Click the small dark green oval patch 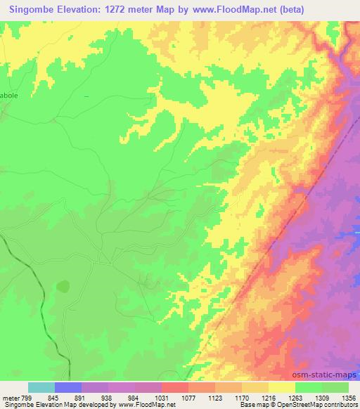tap(63, 286)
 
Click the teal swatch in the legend tap(41, 387)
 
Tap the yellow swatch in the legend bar tap(282, 387)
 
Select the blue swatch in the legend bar tap(68, 387)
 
